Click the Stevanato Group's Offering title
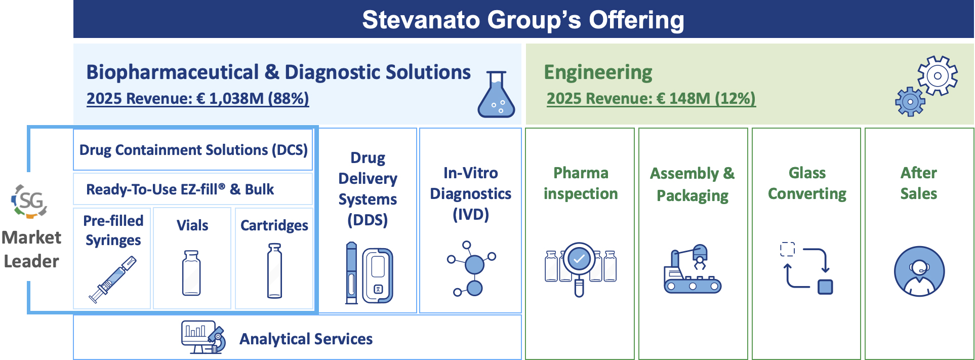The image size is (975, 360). (x=523, y=20)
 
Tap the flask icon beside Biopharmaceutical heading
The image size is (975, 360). (x=496, y=95)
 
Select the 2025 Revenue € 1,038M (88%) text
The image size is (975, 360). (x=197, y=98)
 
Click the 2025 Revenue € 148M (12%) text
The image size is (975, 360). (x=651, y=98)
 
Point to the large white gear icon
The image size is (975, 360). (x=938, y=76)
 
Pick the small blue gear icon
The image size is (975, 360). (x=910, y=102)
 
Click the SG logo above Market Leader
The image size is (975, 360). (x=29, y=201)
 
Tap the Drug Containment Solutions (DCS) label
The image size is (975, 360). (x=193, y=150)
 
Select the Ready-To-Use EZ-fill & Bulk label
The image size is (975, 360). (x=180, y=189)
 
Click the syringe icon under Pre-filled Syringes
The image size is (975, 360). (x=112, y=279)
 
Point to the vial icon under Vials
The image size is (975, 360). (x=191, y=273)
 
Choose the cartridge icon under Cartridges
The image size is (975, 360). (x=274, y=271)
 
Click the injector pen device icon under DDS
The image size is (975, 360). (x=351, y=273)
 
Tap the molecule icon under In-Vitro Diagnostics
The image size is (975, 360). (x=471, y=269)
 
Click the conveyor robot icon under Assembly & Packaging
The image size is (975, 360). (x=693, y=269)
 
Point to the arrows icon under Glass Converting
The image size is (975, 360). (x=806, y=268)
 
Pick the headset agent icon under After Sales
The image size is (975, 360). (x=919, y=271)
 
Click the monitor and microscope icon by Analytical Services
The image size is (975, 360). (x=204, y=337)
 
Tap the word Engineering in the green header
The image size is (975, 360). (x=598, y=73)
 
